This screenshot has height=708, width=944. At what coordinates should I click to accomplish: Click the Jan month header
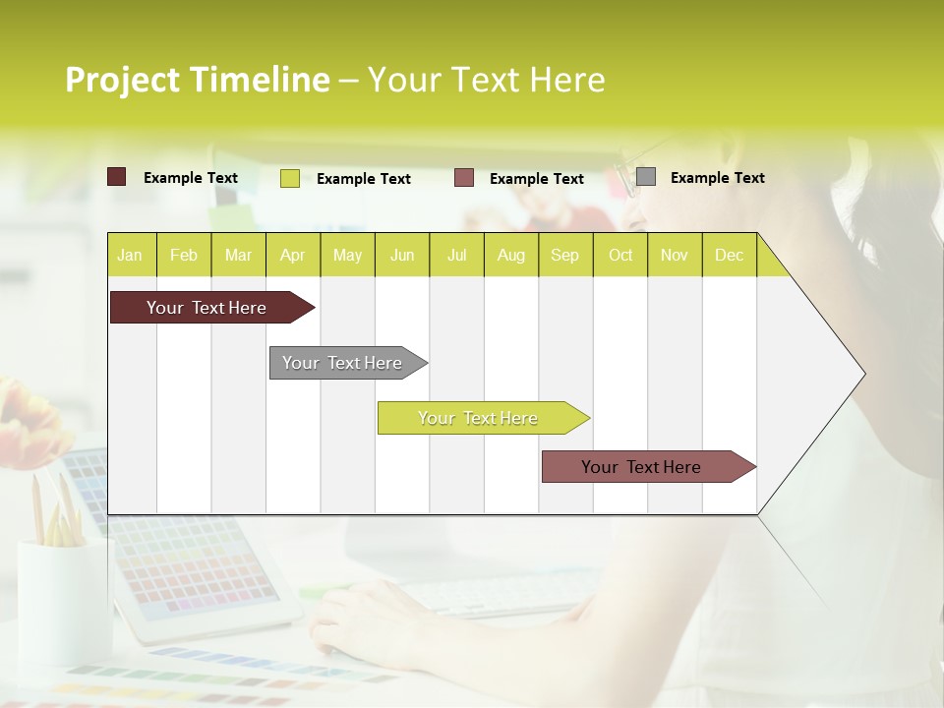[130, 256]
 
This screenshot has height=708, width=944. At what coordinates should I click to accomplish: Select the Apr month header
[292, 256]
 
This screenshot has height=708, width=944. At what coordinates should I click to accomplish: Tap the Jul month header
[456, 256]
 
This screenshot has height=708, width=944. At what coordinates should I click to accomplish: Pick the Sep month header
[564, 256]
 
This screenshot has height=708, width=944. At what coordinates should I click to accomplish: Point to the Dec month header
[729, 256]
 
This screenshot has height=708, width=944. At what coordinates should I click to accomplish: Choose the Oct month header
[620, 256]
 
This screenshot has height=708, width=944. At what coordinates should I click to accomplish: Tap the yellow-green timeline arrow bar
[479, 418]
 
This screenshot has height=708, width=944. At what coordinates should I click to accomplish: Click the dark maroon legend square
[117, 177]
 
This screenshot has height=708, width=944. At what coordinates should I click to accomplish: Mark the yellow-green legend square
[290, 178]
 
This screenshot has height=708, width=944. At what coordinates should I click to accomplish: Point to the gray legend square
[646, 177]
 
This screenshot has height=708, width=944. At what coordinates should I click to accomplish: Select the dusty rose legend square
[464, 178]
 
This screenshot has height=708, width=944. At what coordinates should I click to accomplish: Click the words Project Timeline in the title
[197, 80]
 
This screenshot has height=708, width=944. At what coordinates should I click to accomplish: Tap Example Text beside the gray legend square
[717, 178]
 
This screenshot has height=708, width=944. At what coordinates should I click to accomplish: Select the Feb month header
[184, 256]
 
